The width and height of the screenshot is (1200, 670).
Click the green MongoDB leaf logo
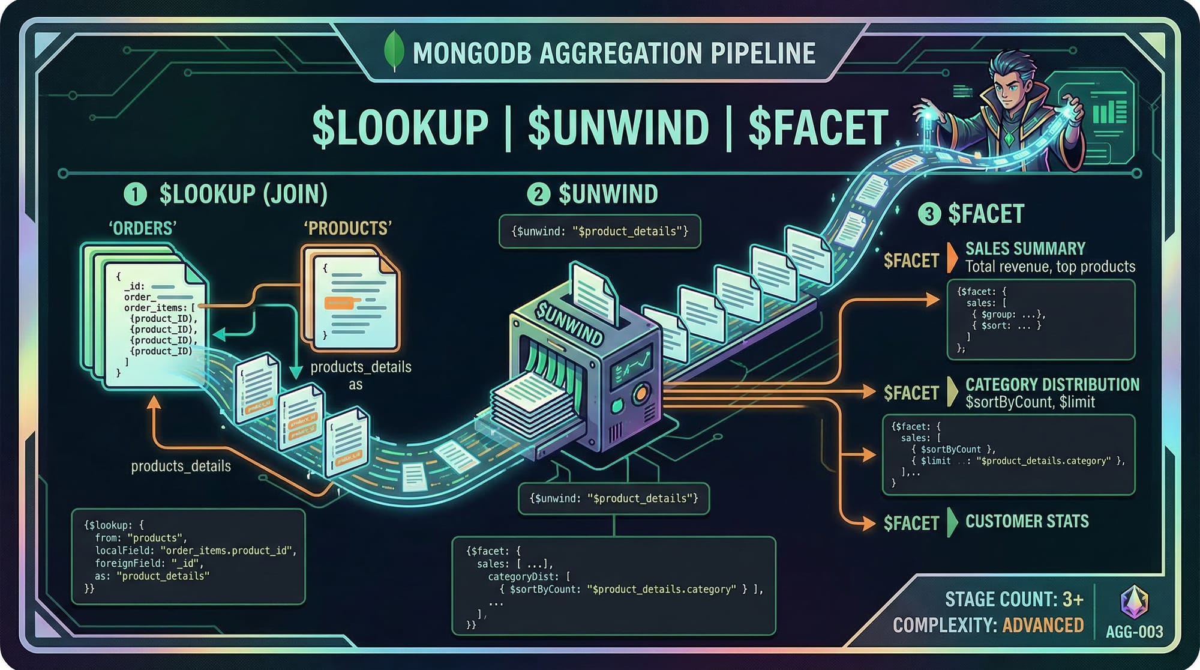394,52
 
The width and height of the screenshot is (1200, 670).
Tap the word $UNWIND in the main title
618,128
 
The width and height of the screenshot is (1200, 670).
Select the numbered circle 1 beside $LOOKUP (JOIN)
135,195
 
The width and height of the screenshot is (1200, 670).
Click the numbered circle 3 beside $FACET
929,214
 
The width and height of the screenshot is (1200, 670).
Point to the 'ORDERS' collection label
142,229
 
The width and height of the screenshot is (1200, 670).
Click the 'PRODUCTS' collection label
348,229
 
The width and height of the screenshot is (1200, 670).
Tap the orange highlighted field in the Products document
339,303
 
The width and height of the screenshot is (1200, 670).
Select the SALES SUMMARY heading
1025,249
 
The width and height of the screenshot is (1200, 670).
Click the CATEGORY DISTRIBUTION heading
1052,385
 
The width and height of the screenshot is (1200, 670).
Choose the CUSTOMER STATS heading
1027,521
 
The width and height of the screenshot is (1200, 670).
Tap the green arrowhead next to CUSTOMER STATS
952,522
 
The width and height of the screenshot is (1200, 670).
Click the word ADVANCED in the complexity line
1043,626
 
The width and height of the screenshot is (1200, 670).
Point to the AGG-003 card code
1134,632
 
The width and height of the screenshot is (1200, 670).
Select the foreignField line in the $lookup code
149,563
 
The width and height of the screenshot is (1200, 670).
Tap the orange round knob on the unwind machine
641,394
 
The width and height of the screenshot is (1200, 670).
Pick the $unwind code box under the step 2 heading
599,231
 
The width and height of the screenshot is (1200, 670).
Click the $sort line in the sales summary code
1006,326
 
